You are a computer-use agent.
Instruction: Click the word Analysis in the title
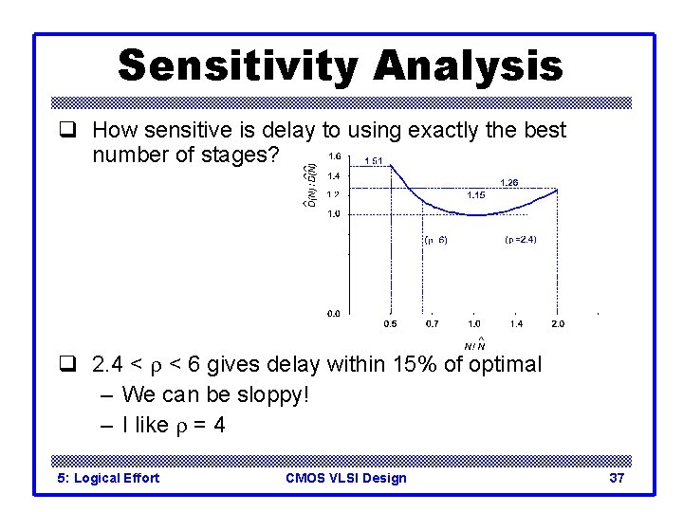[468, 67]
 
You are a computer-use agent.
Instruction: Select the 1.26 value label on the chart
[509, 182]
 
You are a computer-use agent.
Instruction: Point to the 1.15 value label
[476, 195]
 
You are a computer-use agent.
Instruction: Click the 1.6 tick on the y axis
[334, 156]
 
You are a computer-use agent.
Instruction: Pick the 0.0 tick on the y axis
[334, 312]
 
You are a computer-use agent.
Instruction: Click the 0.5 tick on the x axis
[390, 324]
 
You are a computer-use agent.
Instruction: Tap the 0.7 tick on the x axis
[432, 324]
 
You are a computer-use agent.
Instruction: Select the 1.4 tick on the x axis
[515, 324]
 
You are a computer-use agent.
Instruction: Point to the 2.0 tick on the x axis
[558, 324]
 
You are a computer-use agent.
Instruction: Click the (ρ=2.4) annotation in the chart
[521, 240]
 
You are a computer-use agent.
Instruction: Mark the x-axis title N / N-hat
[474, 343]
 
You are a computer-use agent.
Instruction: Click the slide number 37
[617, 478]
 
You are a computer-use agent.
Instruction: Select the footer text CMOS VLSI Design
[345, 478]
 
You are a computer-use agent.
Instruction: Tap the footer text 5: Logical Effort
[108, 478]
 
